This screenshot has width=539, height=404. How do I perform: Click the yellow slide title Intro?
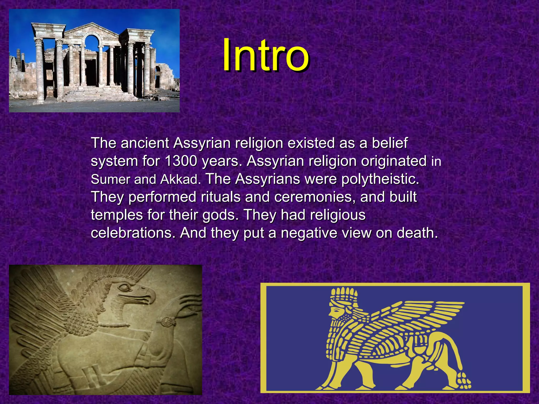[265, 56]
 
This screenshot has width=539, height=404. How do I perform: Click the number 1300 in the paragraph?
[181, 161]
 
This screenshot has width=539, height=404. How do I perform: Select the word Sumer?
[110, 179]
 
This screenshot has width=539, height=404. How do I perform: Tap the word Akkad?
[179, 179]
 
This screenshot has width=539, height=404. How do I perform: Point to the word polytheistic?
[380, 179]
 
